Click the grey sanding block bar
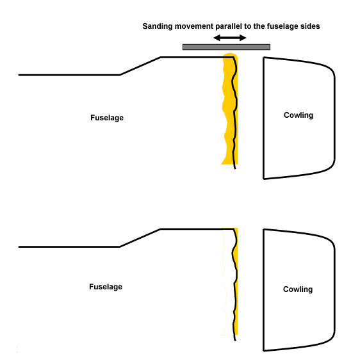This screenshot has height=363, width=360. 226,47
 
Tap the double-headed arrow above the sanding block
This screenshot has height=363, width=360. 229,38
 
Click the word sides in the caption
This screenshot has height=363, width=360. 310,26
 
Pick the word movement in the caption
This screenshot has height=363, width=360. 194,26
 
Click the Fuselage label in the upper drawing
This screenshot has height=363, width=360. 107,118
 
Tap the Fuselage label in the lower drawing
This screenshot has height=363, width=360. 106,287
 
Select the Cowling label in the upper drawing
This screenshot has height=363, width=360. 299,115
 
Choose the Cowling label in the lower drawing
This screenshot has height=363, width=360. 298,289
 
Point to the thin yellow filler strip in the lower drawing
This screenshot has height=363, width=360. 236,281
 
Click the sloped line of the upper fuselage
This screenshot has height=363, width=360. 140,66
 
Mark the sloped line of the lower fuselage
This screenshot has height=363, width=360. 140,238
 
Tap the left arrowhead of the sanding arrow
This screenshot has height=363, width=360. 217,38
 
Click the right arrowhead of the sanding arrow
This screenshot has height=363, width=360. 243,38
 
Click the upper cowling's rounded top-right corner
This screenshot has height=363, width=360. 331,69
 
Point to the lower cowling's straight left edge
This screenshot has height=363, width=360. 264,290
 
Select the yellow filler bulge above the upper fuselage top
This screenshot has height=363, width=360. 230,55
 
